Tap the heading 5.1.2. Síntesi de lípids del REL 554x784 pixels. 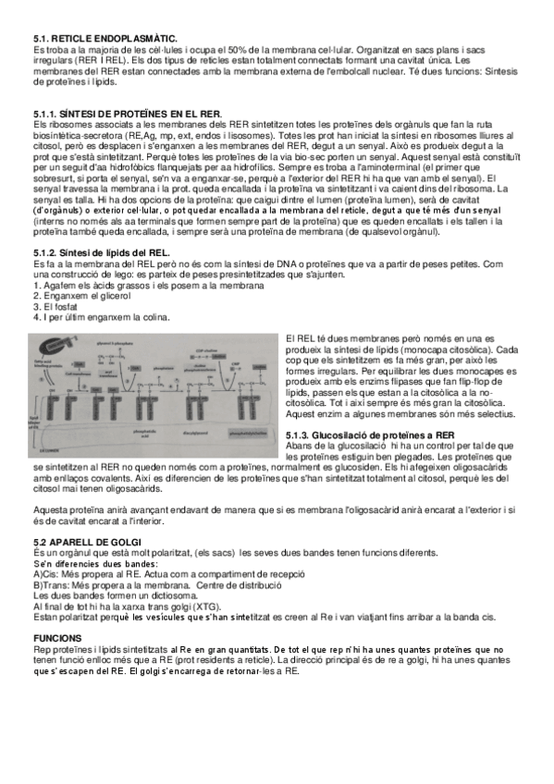point(102,252)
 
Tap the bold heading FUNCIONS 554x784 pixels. point(58,638)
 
